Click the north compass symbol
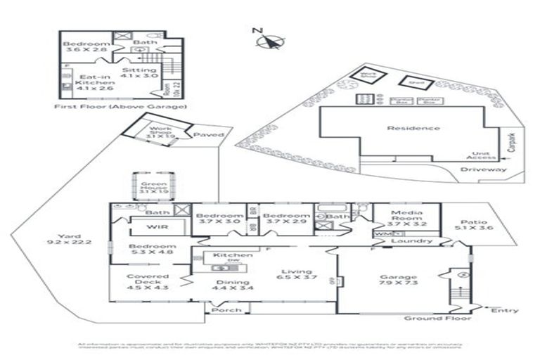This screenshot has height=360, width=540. [x=268, y=41]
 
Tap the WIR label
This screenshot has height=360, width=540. [x=156, y=227]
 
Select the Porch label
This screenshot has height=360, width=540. [x=226, y=310]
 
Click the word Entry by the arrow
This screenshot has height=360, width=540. [x=505, y=310]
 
